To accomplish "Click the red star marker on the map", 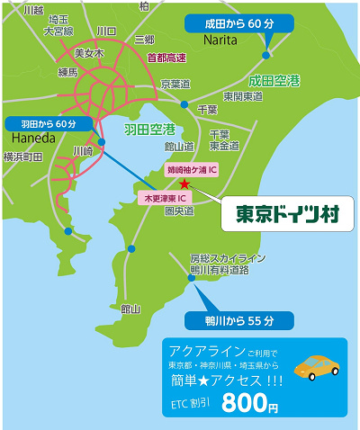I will pyautogui.click(x=184, y=183).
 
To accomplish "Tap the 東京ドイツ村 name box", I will pyautogui.click(x=282, y=214).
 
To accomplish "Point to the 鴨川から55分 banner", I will pyautogui.click(x=238, y=319).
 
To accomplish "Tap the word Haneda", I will pyautogui.click(x=34, y=139).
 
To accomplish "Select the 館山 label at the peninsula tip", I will pyautogui.click(x=131, y=309).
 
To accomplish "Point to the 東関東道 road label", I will pyautogui.click(x=242, y=95).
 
